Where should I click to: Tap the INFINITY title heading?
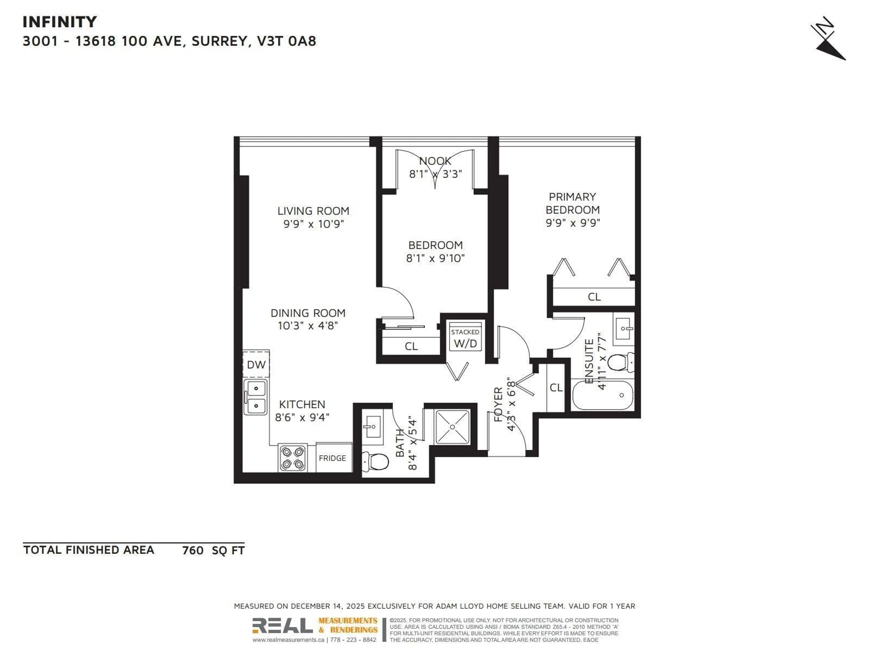pos(60,22)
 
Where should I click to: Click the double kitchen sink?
pos(256,397)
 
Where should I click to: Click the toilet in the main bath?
pos(376,461)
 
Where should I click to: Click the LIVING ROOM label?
pos(313,211)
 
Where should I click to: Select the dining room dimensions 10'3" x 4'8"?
pos(308,326)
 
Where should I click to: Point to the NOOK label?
pos(435,161)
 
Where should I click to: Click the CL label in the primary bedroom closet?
pos(594,297)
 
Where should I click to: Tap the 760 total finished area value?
pos(193,550)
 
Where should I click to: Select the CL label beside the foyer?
pos(556,388)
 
